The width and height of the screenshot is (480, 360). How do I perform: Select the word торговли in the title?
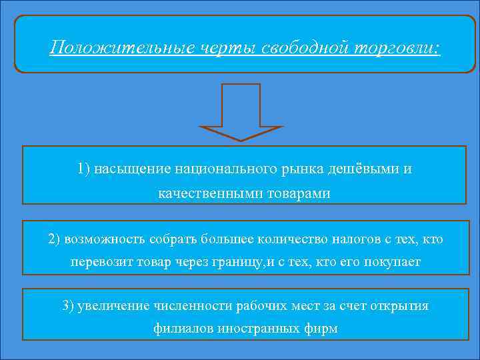click(x=399, y=49)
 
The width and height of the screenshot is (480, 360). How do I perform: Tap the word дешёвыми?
click(x=365, y=168)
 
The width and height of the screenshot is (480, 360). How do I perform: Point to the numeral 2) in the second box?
click(x=55, y=238)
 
